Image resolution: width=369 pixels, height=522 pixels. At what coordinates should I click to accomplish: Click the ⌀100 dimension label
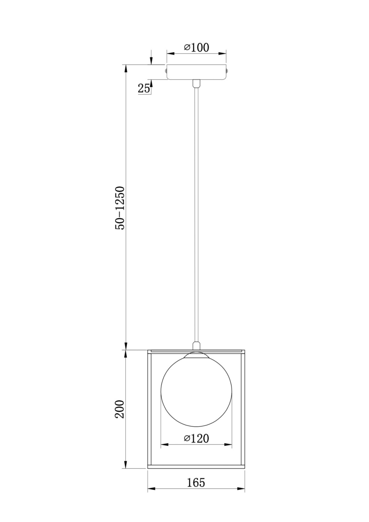196,47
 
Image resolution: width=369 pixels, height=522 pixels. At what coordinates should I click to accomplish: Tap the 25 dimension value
144,88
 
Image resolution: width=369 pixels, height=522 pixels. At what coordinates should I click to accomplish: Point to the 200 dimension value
119,409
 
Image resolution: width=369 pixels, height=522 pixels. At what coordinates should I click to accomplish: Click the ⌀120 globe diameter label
196,438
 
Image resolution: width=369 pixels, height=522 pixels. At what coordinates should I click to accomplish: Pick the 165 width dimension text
196,483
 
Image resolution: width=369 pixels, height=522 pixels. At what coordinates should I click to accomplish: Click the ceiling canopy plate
196,72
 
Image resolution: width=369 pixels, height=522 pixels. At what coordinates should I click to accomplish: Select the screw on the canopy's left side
166,71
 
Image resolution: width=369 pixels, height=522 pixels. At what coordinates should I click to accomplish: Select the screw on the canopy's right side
227,71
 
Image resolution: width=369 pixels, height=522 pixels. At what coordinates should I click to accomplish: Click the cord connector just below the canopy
196,84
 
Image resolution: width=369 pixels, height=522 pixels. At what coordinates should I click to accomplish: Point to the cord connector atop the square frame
196,346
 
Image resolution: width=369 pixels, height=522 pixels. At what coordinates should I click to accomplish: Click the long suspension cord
196,209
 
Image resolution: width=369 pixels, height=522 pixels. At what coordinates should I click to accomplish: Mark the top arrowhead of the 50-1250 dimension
126,68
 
